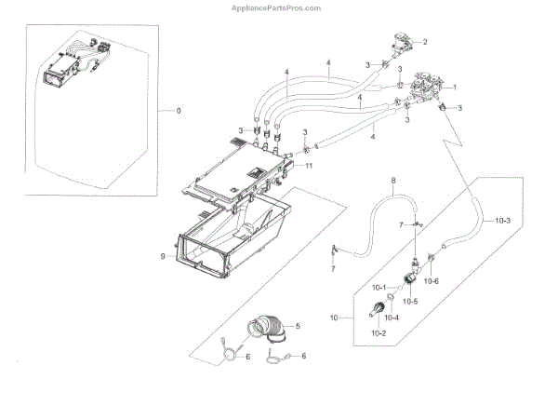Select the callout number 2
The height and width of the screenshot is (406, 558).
pyautogui.click(x=425, y=42)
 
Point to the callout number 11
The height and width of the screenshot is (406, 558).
pyautogui.click(x=309, y=165)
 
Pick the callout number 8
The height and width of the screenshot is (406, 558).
pyautogui.click(x=393, y=180)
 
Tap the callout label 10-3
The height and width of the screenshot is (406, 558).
pyautogui.click(x=503, y=221)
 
